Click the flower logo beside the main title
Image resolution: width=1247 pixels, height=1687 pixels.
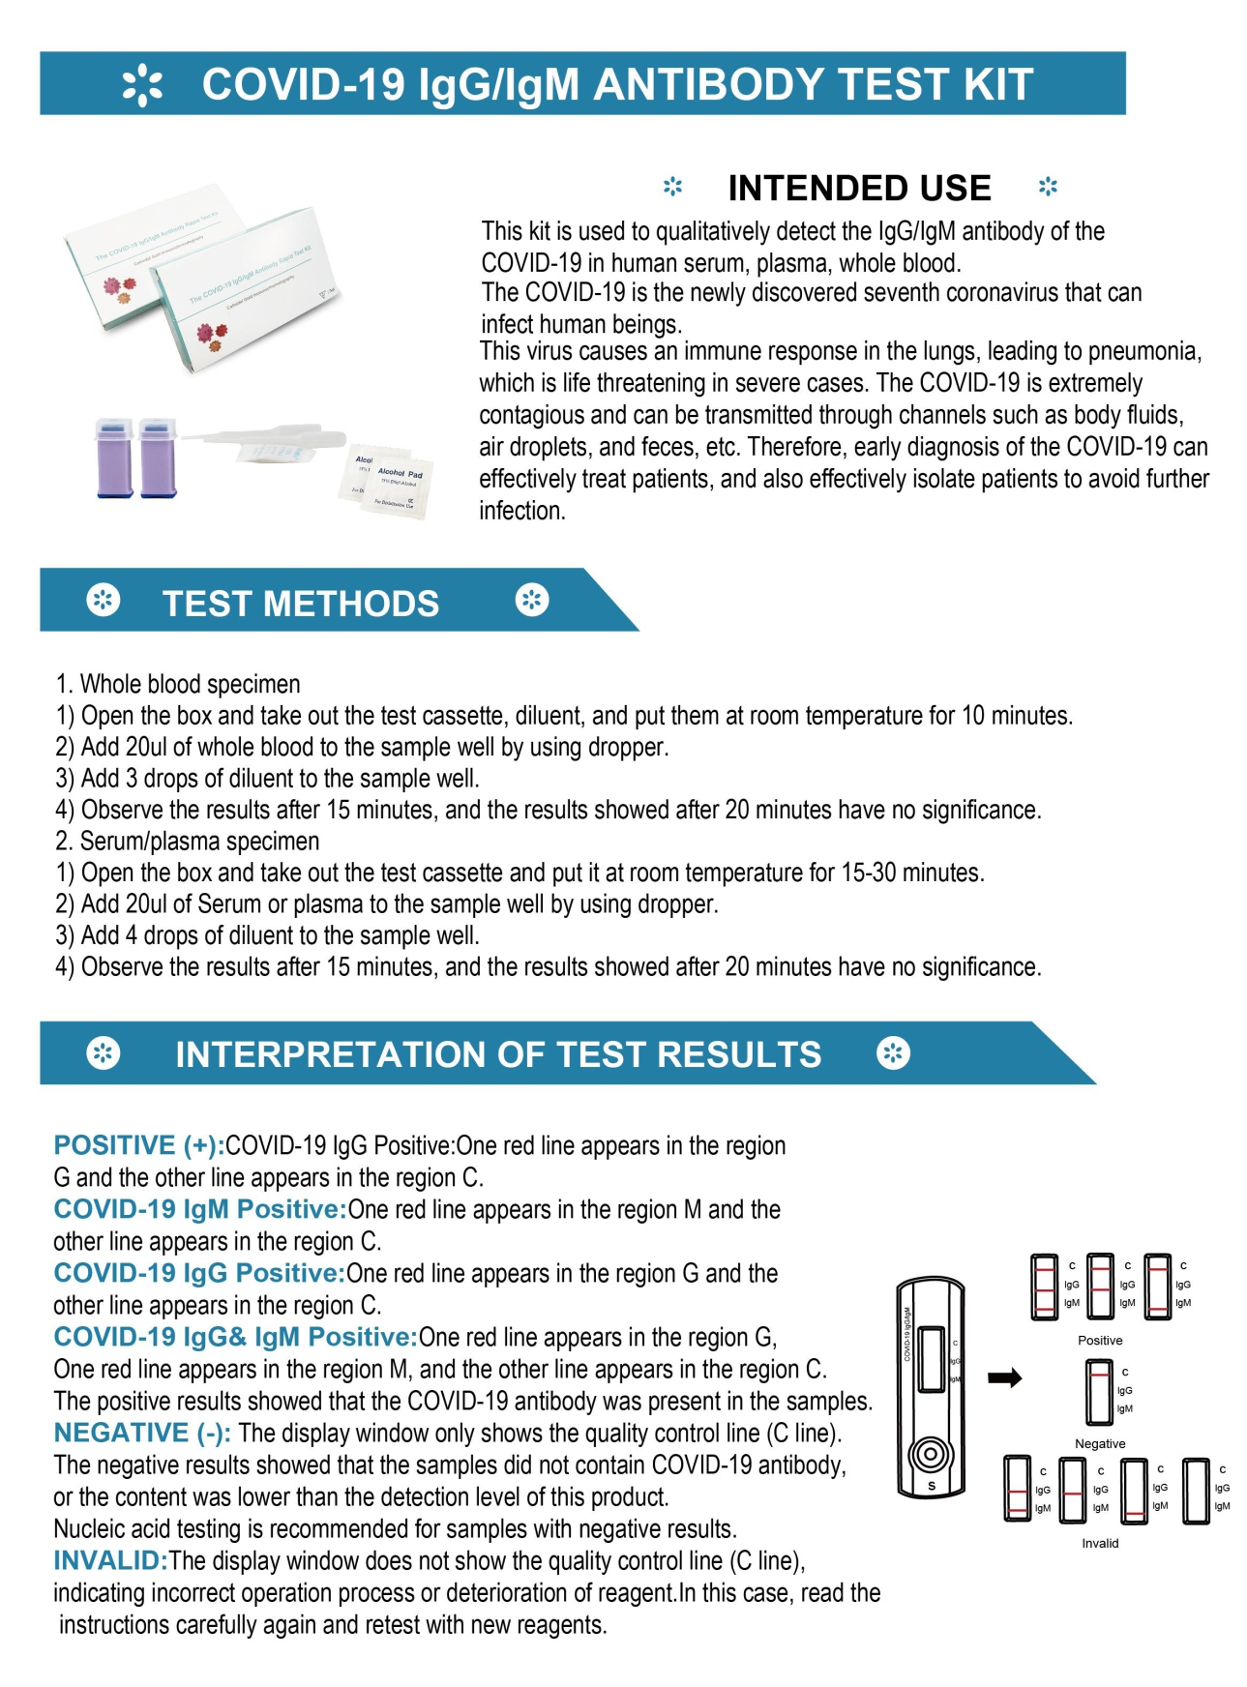point(142,85)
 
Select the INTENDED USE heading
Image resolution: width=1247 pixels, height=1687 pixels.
point(859,188)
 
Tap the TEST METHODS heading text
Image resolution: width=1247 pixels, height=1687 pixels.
point(300,604)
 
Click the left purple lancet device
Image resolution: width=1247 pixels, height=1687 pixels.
point(114,459)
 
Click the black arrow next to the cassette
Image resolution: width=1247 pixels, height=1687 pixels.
point(1004,1377)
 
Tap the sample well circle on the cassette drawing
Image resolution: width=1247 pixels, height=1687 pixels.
point(931,1454)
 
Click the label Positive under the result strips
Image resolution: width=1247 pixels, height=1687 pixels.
point(1100,1341)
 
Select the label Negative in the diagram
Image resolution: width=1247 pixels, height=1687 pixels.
point(1100,1443)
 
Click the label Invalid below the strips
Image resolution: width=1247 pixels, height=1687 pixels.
point(1100,1543)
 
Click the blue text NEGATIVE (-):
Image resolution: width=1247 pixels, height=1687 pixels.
point(141,1433)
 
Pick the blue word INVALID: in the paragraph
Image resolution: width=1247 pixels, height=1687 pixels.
point(110,1560)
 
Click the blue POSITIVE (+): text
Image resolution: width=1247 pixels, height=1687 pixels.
point(138,1145)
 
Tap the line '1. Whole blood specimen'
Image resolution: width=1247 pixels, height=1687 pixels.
point(178,684)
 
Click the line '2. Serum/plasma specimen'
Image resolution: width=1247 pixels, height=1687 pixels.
point(188,841)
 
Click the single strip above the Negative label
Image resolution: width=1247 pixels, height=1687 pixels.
point(1099,1392)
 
